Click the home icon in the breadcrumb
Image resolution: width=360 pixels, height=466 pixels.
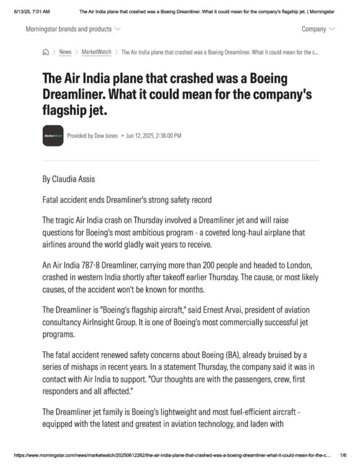point(45,52)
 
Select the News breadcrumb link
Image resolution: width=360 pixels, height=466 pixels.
point(65,52)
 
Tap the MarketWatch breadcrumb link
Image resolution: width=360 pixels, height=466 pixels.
point(96,52)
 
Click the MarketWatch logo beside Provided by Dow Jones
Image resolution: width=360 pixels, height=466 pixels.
point(53,135)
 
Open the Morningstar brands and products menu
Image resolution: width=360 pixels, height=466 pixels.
point(73,29)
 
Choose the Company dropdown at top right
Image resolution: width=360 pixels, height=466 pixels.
point(318,29)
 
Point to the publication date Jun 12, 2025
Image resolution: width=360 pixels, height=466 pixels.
point(154,135)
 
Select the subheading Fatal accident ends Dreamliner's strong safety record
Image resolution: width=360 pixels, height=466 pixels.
point(127,200)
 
